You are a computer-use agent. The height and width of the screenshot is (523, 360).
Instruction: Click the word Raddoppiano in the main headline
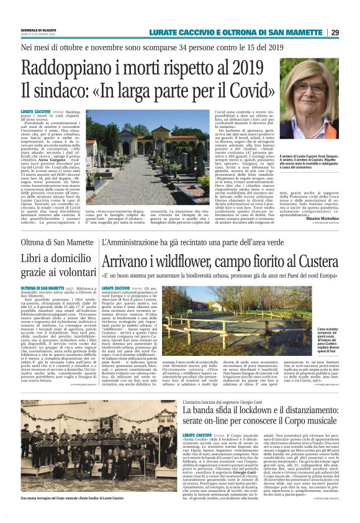click(77, 67)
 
